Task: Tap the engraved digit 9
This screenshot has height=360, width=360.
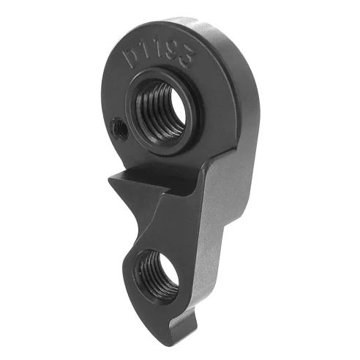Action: pos(174,41)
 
